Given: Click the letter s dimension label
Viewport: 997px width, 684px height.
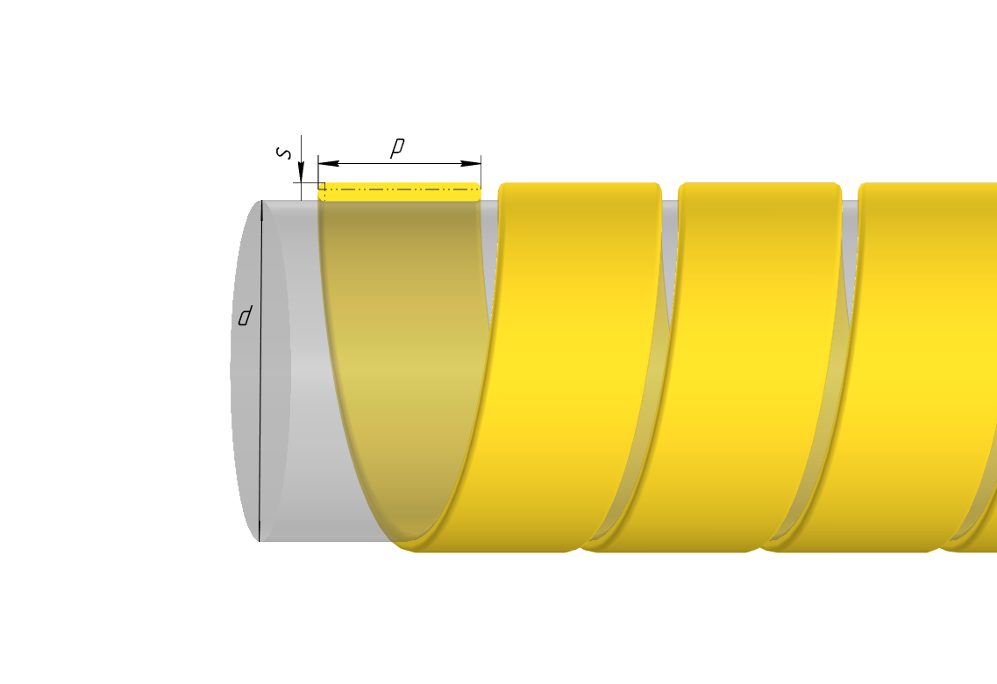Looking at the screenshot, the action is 284,153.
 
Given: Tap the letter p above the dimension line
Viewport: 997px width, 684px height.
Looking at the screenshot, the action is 396,146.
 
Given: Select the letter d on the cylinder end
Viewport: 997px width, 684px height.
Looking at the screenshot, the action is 245,316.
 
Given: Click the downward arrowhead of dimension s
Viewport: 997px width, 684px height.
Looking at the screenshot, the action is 302,172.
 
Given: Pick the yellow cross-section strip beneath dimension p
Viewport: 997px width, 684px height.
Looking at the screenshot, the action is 399,192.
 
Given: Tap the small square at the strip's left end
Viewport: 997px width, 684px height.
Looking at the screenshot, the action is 322,186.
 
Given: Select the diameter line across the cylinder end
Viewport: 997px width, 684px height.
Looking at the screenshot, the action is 260,371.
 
